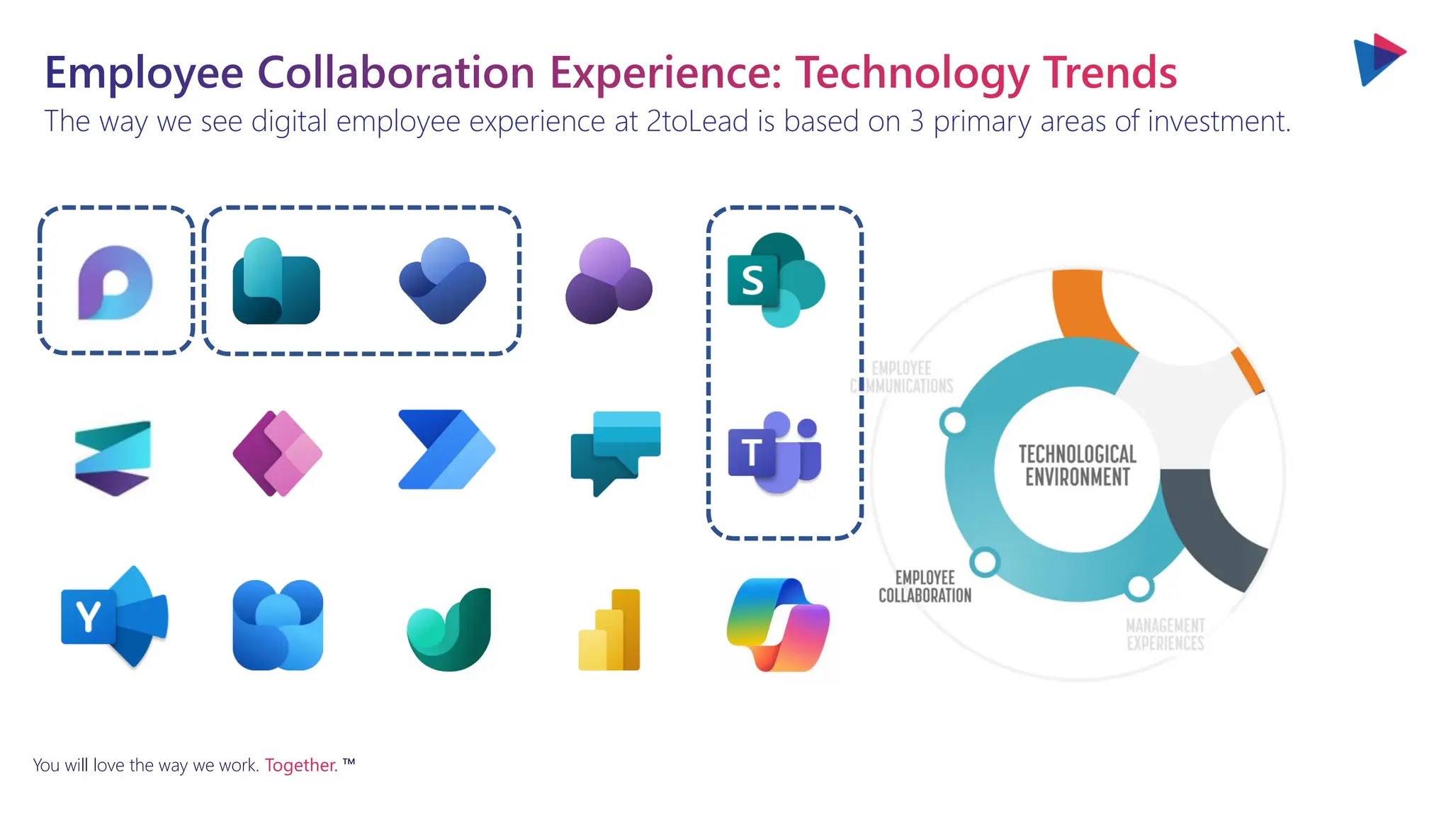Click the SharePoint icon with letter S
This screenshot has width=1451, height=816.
(x=775, y=280)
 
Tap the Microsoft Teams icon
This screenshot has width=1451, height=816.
(x=775, y=452)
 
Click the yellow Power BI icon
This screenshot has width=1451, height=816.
(x=609, y=630)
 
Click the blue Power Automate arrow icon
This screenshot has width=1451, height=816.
(x=446, y=450)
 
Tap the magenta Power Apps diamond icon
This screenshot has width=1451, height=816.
(x=277, y=453)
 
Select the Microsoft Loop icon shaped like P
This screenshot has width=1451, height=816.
(x=115, y=283)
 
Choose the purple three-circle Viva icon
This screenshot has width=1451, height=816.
(x=608, y=281)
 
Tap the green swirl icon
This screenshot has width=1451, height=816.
(x=449, y=630)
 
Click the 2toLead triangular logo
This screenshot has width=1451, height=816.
(x=1378, y=59)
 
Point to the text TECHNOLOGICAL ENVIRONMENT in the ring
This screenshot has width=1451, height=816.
(x=1077, y=465)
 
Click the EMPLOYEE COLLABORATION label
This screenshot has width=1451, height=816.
(x=925, y=586)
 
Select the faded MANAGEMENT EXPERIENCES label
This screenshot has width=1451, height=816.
(x=1165, y=634)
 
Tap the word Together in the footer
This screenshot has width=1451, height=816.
(x=300, y=765)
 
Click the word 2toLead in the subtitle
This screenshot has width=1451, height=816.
(x=697, y=121)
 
